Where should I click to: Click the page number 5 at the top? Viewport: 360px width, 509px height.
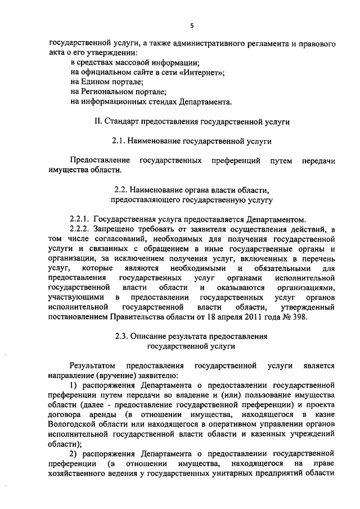point(191,25)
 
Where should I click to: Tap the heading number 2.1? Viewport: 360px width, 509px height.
point(121,141)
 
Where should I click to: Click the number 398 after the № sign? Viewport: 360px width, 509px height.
point(313,318)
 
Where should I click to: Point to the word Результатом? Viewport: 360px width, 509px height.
point(92,366)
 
